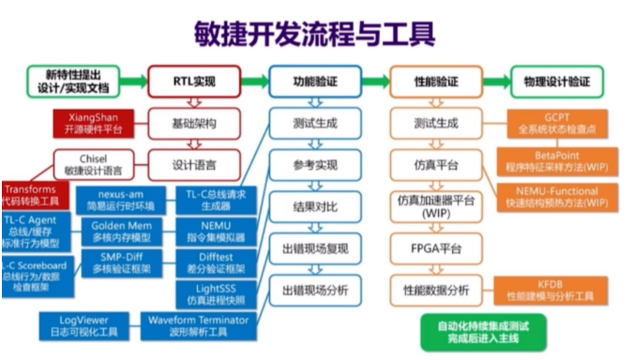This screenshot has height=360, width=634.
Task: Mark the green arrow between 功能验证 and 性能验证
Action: [x=371, y=82]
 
